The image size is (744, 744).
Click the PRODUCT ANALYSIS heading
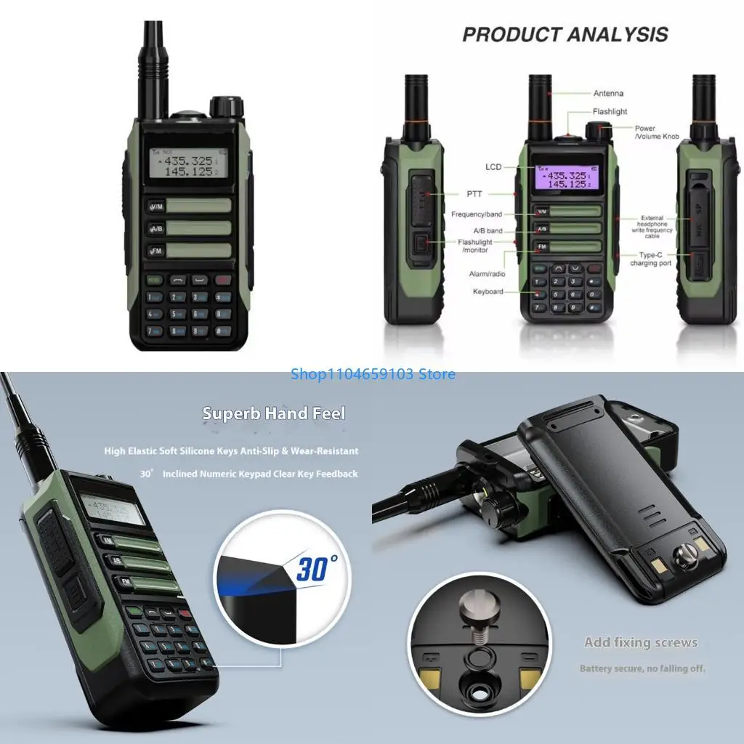[565, 35]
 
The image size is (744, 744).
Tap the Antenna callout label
[608, 93]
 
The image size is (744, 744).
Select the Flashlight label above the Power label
[609, 112]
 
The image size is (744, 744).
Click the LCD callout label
[493, 167]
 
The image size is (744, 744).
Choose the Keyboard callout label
[488, 291]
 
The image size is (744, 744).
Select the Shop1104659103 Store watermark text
[373, 374]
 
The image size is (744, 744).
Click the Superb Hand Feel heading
[274, 413]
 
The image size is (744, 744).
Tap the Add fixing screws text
[641, 642]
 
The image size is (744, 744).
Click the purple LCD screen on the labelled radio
[560, 179]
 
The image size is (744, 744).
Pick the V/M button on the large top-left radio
[156, 207]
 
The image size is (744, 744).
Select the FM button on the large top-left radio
[156, 251]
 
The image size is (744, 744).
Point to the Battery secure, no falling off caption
[642, 668]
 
